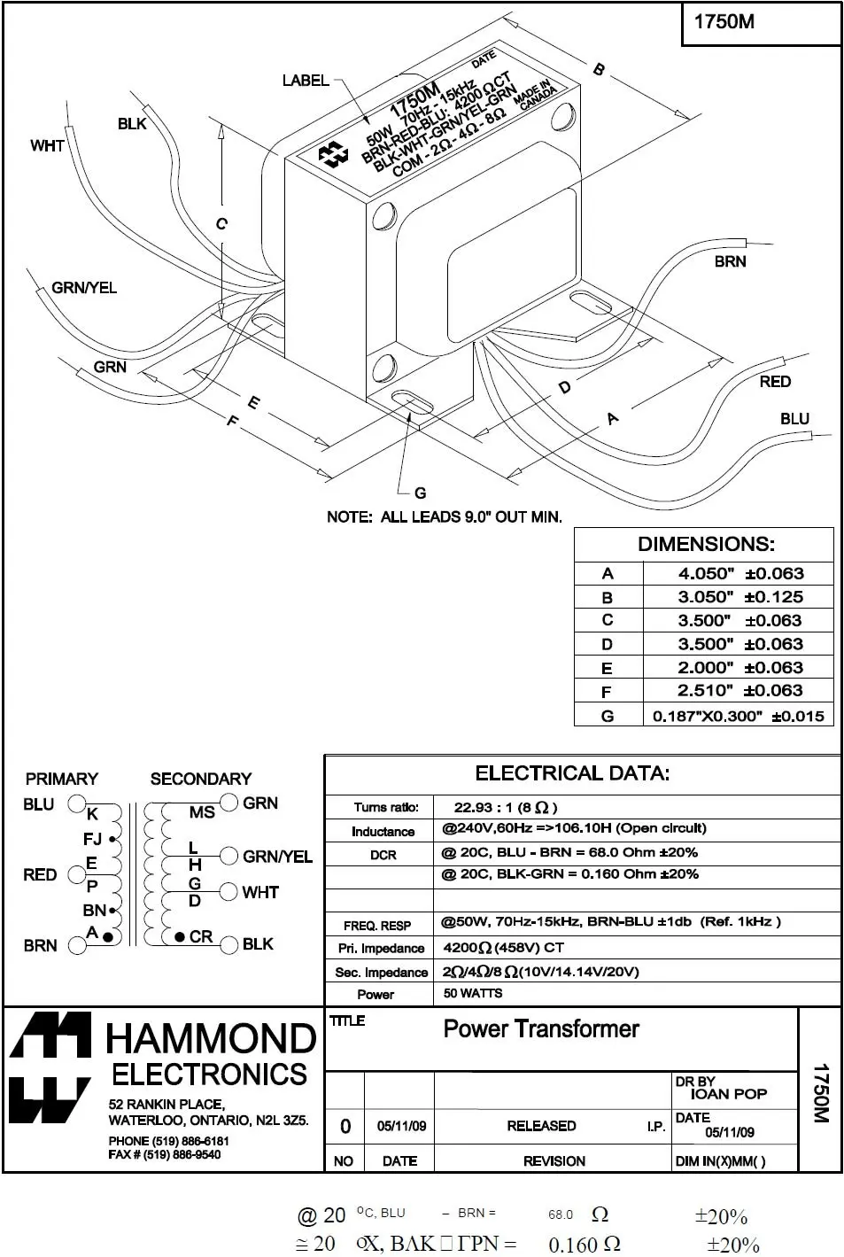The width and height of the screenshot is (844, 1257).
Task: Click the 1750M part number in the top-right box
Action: click(724, 22)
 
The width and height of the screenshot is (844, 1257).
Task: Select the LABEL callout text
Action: click(306, 81)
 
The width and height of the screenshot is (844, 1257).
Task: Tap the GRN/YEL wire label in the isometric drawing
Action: click(84, 288)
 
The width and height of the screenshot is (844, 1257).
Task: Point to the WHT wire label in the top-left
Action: click(47, 145)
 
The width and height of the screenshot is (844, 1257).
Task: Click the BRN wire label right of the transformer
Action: click(731, 261)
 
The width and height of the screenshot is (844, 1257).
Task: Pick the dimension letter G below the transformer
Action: click(420, 493)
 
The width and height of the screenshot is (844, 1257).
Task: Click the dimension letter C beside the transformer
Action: click(221, 224)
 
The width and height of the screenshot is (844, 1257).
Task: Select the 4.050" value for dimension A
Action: click(706, 573)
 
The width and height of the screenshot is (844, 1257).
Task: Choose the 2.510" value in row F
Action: click(706, 691)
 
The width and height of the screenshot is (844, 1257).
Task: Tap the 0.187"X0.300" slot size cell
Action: click(707, 716)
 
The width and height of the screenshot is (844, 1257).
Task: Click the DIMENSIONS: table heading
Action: click(706, 544)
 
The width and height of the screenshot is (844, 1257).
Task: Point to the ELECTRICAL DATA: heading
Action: click(572, 773)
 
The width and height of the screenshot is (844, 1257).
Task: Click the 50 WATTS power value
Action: click(473, 993)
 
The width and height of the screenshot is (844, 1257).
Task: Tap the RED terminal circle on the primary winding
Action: click(77, 875)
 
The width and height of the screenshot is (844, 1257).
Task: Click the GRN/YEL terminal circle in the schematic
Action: click(228, 856)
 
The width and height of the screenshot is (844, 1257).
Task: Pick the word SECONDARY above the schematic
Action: click(201, 779)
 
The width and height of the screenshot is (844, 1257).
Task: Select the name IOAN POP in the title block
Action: click(728, 1094)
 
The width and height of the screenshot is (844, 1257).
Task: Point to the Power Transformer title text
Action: click(540, 1029)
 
